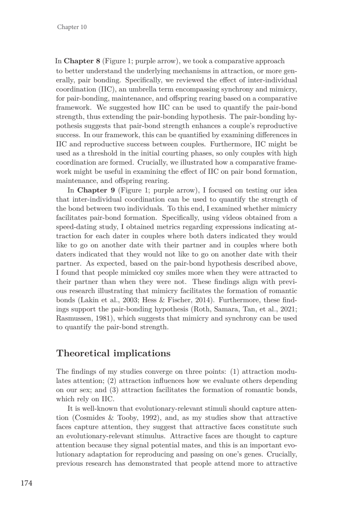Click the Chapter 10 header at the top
click(72, 27)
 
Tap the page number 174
click(26, 483)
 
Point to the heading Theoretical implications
click(113, 354)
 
